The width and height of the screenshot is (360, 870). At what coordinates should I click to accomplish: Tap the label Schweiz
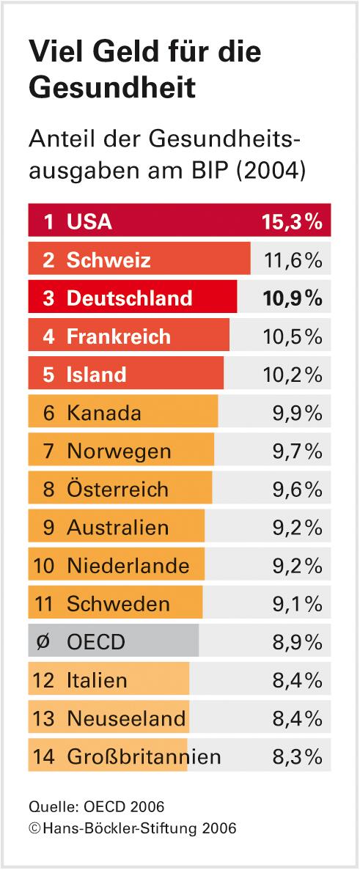pos(109,260)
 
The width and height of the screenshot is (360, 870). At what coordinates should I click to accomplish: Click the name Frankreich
pos(119,336)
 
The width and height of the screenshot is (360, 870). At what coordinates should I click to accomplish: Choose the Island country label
pos(96,375)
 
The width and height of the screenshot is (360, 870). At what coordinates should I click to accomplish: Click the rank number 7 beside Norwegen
pos(48,451)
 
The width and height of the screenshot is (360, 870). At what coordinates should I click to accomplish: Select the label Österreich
pos(117,489)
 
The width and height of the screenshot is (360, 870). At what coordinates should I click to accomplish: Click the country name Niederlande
pos(128,565)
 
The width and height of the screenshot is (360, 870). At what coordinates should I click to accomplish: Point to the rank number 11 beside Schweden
pos(44,604)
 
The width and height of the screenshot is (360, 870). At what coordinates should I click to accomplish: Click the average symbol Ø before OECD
pos(43,642)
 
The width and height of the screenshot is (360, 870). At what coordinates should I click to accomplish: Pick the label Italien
pos(97,680)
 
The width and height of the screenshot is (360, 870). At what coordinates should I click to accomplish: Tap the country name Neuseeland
pos(126,718)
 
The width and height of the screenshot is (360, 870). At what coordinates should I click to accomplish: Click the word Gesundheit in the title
pos(112,87)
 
